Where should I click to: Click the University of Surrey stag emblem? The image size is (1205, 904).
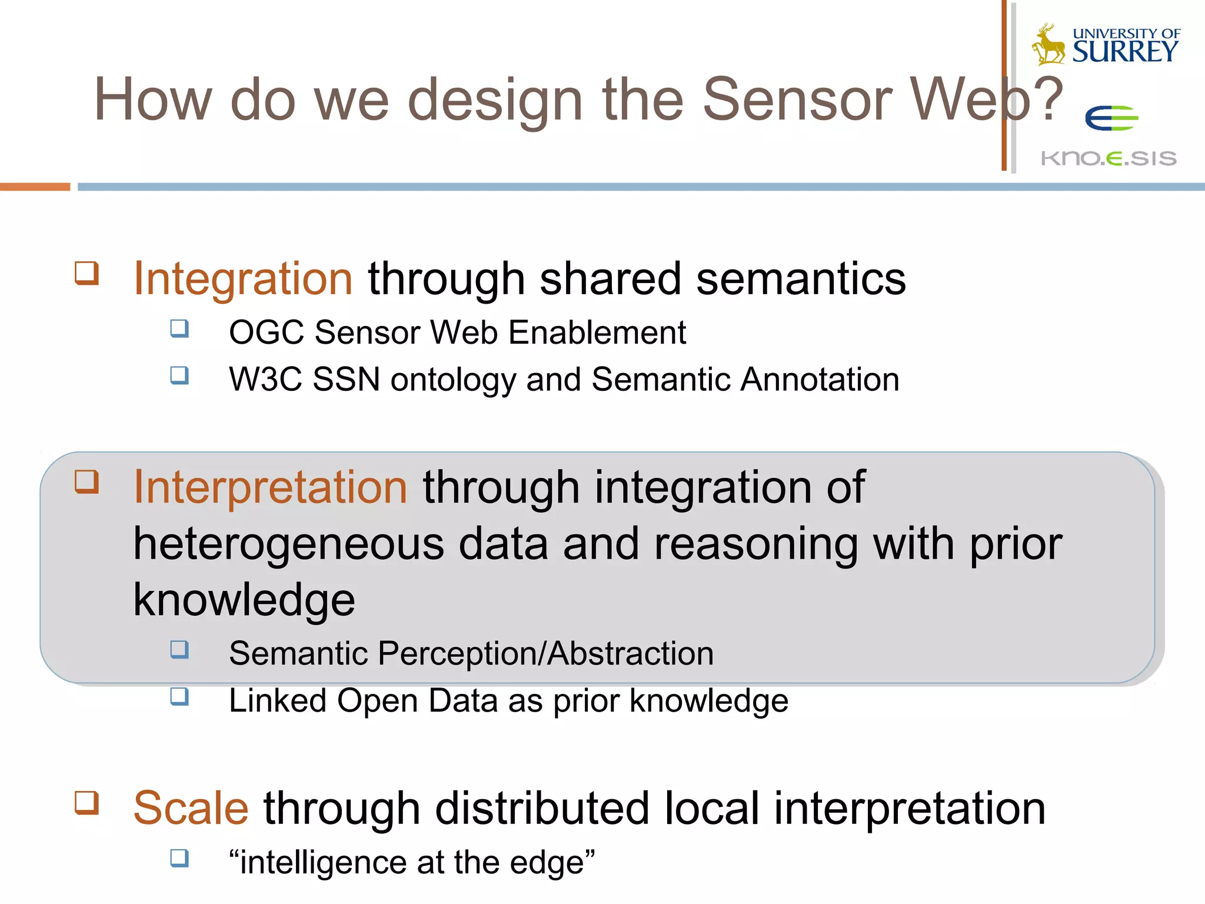(x=1048, y=45)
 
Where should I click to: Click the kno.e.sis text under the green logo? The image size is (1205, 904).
(x=1109, y=158)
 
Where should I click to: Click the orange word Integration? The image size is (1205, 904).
(x=243, y=278)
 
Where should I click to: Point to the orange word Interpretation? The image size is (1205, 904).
(x=270, y=487)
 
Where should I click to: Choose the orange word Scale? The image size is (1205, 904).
(x=191, y=808)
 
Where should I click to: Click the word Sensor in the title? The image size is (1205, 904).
(x=797, y=100)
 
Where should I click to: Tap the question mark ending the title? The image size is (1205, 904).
(x=1049, y=100)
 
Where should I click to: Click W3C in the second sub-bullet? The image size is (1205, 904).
(x=265, y=380)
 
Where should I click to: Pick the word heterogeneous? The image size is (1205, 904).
(x=288, y=544)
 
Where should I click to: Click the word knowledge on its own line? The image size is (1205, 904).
(x=244, y=600)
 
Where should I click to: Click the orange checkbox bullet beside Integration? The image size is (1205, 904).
(x=86, y=273)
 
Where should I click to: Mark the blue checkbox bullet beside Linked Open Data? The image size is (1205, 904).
(x=179, y=697)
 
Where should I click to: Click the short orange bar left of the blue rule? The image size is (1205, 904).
(x=35, y=187)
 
